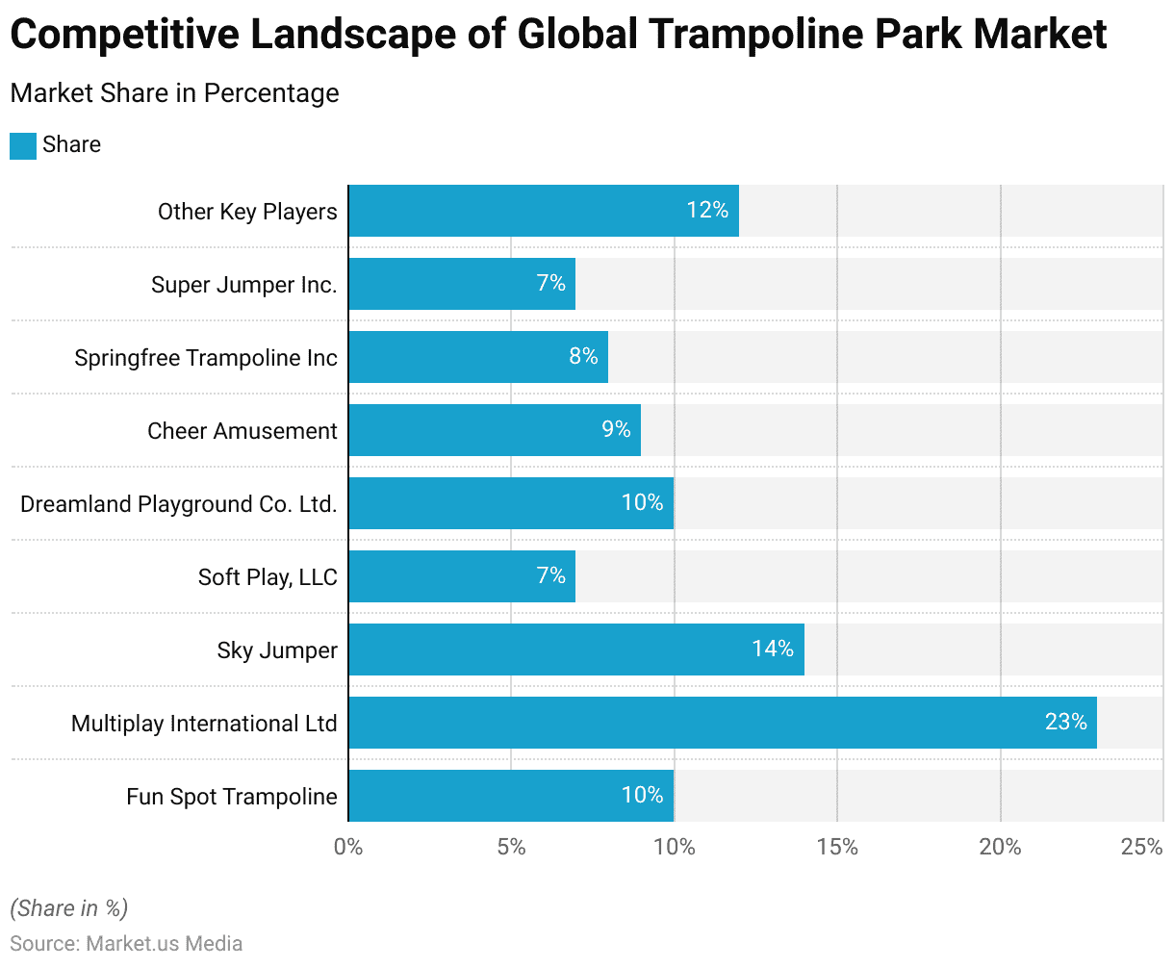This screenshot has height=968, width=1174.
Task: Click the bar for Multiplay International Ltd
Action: [x=722, y=723]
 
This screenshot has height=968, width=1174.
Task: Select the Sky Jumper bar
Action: [x=575, y=650]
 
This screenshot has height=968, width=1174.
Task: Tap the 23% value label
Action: [x=1065, y=722]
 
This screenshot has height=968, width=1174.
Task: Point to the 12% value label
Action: [x=707, y=210]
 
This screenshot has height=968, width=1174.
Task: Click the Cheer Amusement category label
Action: [x=242, y=431]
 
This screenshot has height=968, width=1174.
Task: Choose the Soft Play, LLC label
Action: [x=268, y=577]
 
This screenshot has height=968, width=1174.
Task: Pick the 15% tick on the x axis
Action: [x=837, y=847]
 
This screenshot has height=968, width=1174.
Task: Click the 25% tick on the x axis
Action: [x=1142, y=847]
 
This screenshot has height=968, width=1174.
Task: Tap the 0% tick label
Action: [x=348, y=847]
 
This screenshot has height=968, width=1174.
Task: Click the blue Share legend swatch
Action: [x=23, y=146]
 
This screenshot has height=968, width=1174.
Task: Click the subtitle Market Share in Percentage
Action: [x=174, y=93]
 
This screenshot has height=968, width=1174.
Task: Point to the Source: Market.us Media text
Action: [x=126, y=943]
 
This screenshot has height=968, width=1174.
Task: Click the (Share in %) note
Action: [x=68, y=908]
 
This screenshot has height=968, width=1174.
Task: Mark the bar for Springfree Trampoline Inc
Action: [x=477, y=357]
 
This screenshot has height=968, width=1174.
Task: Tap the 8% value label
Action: [x=583, y=356]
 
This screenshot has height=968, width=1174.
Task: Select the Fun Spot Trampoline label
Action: [x=232, y=797]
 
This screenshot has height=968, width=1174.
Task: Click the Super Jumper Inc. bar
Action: [x=461, y=284]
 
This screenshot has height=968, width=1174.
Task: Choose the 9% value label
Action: [x=616, y=429]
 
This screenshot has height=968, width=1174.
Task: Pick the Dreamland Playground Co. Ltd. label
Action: [x=179, y=504]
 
